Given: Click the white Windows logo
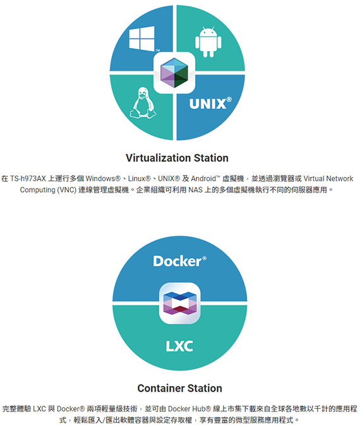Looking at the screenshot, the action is pyautogui.click(x=141, y=39).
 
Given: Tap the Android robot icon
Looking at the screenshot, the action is pyautogui.click(x=208, y=42).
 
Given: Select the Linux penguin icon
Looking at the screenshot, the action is pyautogui.click(x=143, y=103).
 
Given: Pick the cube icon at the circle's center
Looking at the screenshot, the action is pyautogui.click(x=174, y=73).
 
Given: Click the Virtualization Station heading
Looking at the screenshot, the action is pyautogui.click(x=177, y=158).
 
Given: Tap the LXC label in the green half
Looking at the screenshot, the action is pyautogui.click(x=179, y=346).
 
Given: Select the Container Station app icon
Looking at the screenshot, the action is pyautogui.click(x=180, y=303).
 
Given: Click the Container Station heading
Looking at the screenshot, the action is pyautogui.click(x=180, y=388).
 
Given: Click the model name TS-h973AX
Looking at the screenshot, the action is pyautogui.click(x=28, y=179).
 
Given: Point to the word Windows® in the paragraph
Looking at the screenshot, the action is pyautogui.click(x=103, y=179).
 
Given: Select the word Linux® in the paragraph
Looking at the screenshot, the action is pyautogui.click(x=140, y=179).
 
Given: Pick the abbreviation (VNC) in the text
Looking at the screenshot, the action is pyautogui.click(x=66, y=190).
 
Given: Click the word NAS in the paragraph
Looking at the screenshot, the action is pyautogui.click(x=195, y=190).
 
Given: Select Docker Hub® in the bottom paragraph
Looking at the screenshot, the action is pyautogui.click(x=189, y=409).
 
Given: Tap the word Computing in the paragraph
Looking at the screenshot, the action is pyautogui.click(x=37, y=190).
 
